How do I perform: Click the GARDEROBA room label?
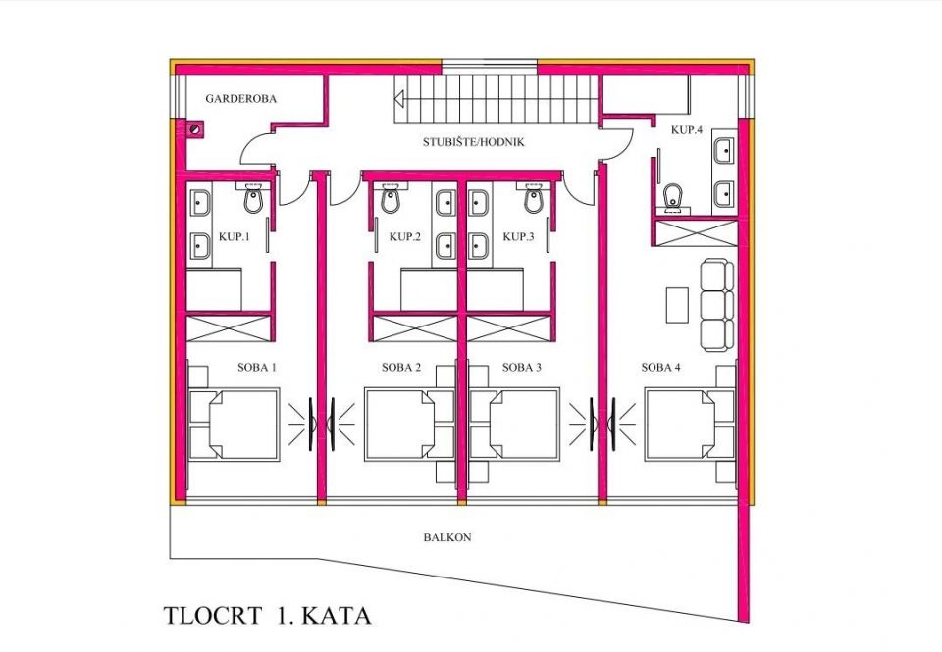click(x=240, y=99)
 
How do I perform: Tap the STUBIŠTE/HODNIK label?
click(x=474, y=142)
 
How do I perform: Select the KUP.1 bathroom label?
click(x=235, y=237)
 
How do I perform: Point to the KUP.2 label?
click(x=404, y=237)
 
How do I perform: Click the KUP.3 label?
click(x=518, y=237)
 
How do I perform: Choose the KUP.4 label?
click(x=686, y=129)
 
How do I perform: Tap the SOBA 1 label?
click(x=256, y=368)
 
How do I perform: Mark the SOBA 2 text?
click(x=401, y=368)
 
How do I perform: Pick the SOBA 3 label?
click(x=521, y=368)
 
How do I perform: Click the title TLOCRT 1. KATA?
click(x=267, y=617)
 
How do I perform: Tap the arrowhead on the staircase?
click(x=401, y=98)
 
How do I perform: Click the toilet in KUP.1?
click(x=253, y=200)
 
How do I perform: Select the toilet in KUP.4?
click(x=673, y=198)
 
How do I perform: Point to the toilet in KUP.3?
click(x=534, y=200)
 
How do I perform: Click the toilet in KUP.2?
click(x=391, y=200)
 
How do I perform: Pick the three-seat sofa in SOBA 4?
click(x=716, y=304)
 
